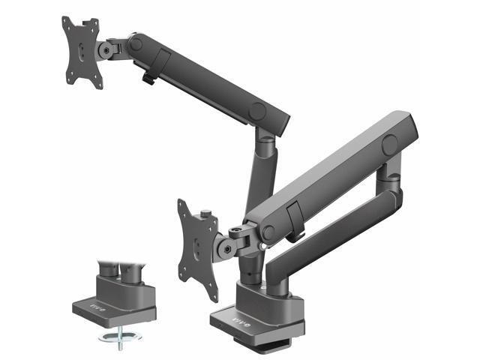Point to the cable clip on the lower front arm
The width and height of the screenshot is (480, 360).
coord(294,223)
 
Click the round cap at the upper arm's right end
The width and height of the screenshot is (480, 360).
coord(259,111)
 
